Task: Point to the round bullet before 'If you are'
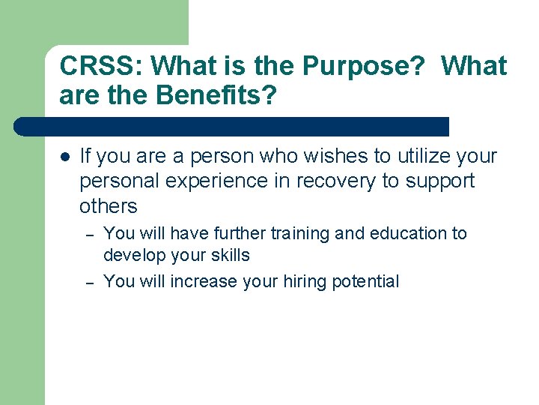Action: coord(64,157)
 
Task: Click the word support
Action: coord(439,181)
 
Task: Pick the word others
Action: coord(109,206)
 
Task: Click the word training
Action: coord(300,233)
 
